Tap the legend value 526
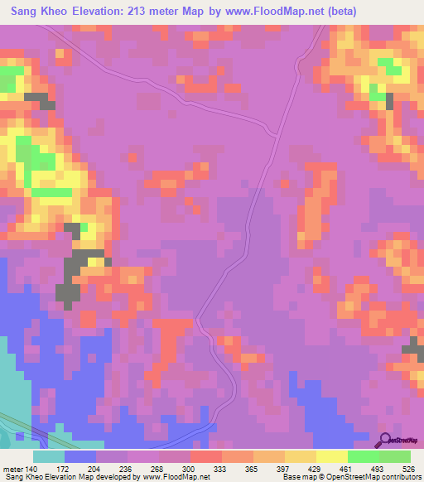click(x=408, y=469)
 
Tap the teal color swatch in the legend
click(x=49, y=456)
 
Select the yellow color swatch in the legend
click(x=332, y=456)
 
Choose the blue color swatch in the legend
click(x=80, y=456)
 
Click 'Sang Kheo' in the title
click(x=41, y=12)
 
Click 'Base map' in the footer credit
click(x=295, y=478)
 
